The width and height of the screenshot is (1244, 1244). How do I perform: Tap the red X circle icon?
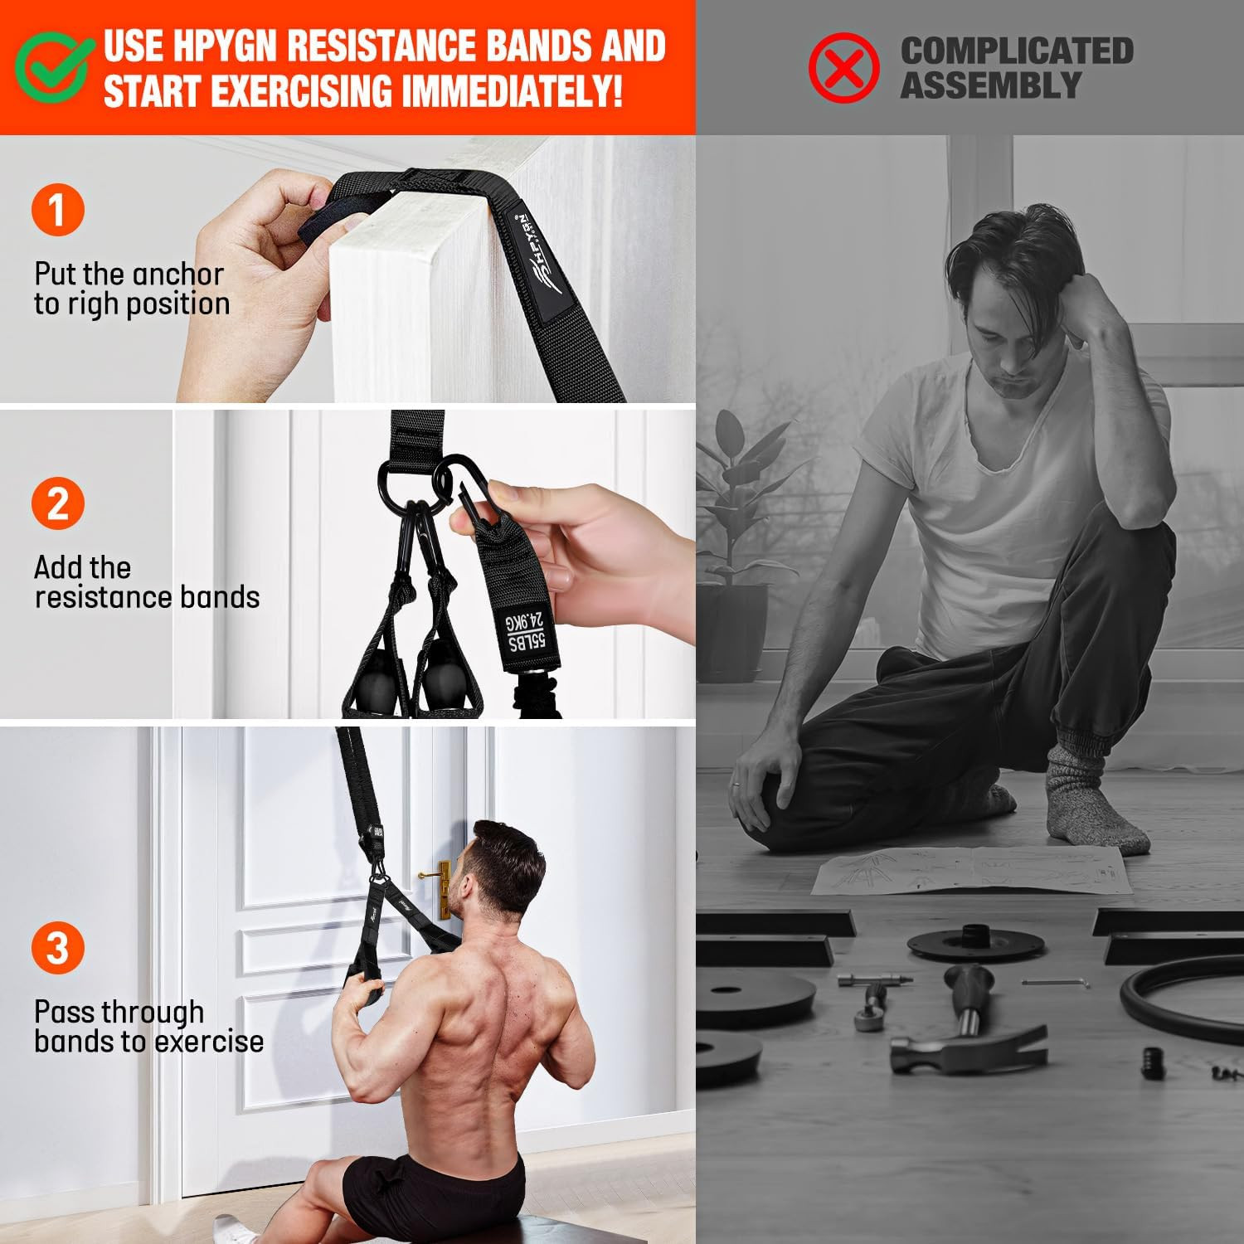tap(843, 67)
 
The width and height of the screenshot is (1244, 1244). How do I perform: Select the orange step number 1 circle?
tap(57, 209)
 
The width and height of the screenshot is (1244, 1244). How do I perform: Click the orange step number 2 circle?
tap(57, 503)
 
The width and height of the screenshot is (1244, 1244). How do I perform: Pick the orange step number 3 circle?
tap(57, 947)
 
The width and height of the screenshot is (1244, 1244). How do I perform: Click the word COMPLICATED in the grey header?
tap(1017, 51)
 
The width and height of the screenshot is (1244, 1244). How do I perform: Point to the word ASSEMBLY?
tap(990, 85)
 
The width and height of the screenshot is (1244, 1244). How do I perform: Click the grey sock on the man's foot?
tap(1082, 800)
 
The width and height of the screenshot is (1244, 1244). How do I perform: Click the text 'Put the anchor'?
tap(129, 274)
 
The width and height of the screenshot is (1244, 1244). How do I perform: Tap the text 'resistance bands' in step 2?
tap(147, 597)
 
